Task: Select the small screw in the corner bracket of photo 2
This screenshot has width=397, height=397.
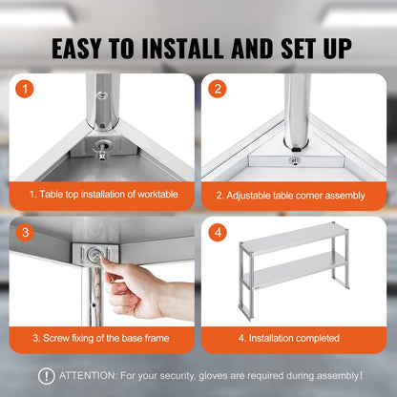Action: tap(295, 160)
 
